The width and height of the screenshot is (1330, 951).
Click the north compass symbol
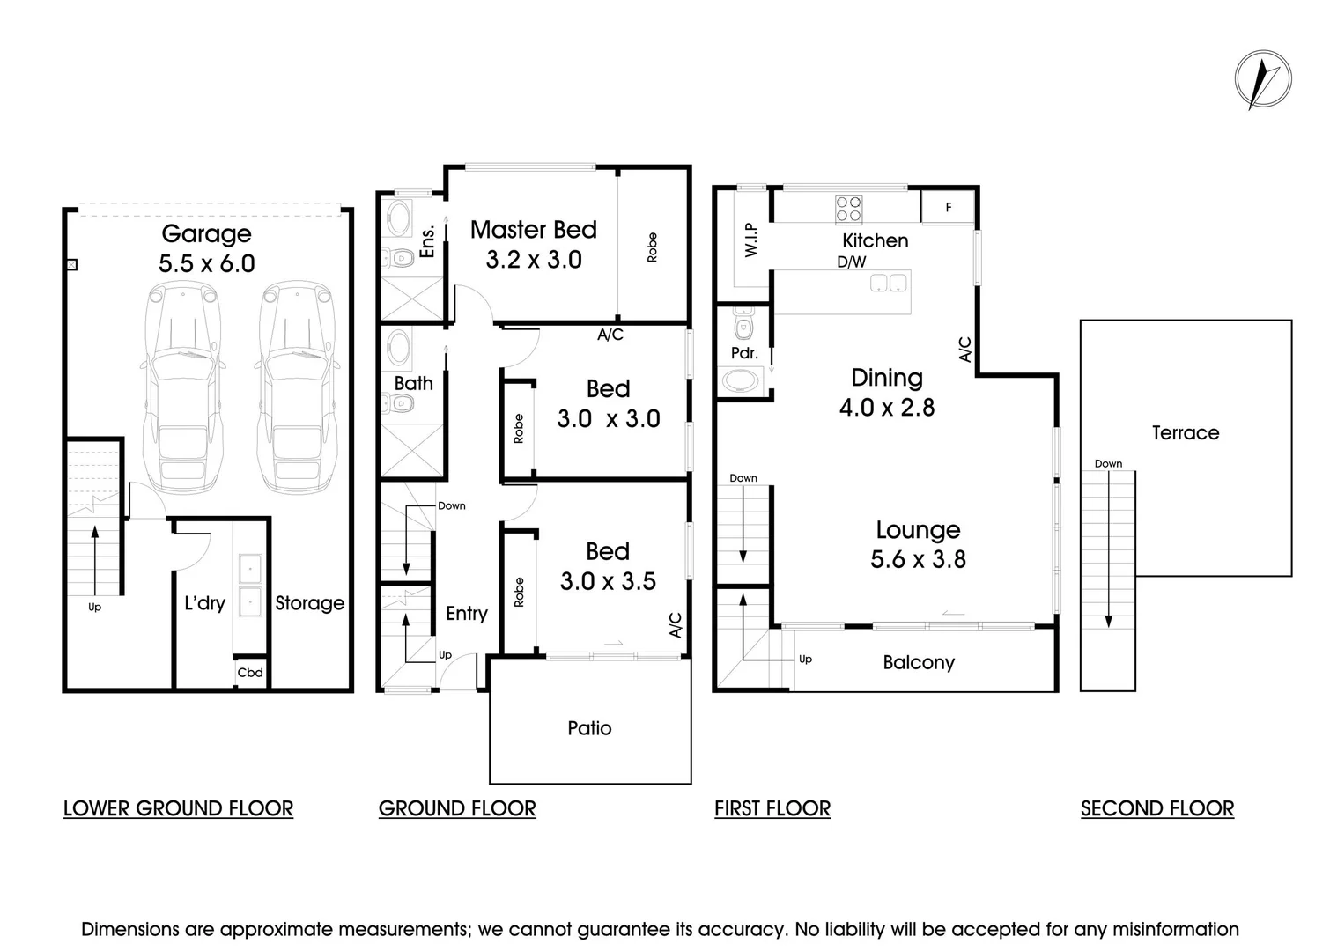coord(1262,80)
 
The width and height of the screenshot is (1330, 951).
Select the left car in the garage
coord(184,387)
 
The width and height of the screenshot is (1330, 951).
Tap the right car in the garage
coord(298,387)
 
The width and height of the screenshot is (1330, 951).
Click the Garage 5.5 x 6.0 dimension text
coord(207,263)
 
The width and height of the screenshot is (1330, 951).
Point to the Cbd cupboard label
coord(250,673)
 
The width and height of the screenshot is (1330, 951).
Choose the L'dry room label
coord(204,603)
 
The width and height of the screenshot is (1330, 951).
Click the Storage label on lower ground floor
coord(309,603)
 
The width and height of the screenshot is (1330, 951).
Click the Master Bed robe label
coord(652,247)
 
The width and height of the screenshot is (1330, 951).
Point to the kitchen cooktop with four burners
coord(849,210)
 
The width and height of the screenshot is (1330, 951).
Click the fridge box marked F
coord(948,208)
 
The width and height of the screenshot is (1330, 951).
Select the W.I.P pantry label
coord(751,240)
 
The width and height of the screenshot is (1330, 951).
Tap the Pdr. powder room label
coord(744,353)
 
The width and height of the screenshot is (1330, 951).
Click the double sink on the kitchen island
coord(888,283)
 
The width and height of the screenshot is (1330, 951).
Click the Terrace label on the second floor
coord(1186,432)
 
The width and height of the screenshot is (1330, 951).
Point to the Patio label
coord(589,728)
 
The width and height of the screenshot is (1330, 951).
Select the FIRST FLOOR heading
coord(772,808)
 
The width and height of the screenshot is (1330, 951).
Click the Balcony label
coord(919,663)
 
